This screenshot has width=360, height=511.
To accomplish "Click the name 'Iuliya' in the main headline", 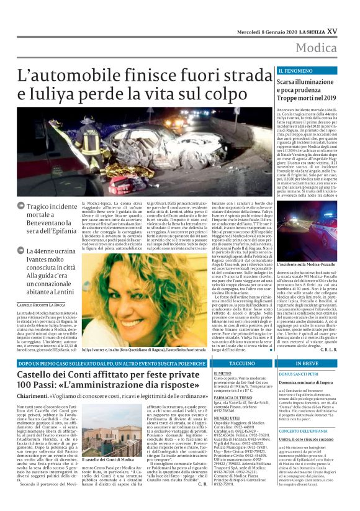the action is coord(59,95).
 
